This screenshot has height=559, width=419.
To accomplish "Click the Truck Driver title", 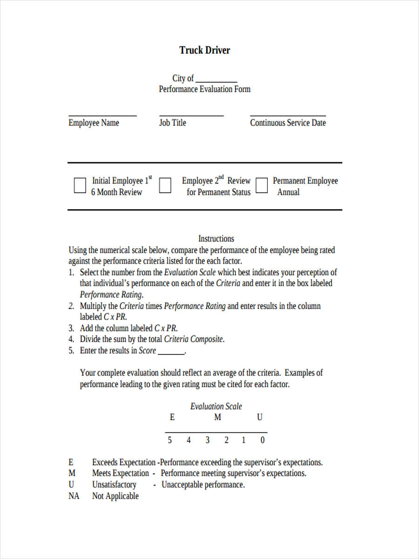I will [x=205, y=50].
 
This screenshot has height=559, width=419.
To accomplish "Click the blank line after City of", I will [x=216, y=82].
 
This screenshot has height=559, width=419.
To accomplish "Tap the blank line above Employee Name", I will [x=102, y=116].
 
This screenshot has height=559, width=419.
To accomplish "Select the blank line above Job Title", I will [x=191, y=116].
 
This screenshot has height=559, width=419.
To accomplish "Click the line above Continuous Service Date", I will [x=288, y=116].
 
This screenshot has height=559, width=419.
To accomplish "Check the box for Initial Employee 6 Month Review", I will [x=80, y=185].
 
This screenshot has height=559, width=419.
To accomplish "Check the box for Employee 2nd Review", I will [x=165, y=185].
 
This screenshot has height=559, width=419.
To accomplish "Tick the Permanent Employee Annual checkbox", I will [x=262, y=185].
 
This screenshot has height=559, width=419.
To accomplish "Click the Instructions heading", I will [x=216, y=239].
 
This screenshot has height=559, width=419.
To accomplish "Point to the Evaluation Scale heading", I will [x=216, y=406].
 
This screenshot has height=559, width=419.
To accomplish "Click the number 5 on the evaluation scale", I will [x=170, y=440].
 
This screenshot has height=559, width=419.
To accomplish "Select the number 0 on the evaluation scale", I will [x=263, y=440].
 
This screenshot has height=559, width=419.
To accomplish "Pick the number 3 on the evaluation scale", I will [x=208, y=440].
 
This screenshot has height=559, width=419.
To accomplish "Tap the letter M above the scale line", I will [x=217, y=417].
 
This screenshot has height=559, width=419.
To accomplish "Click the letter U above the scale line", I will [x=260, y=417].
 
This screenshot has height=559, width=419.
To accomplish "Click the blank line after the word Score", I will [x=171, y=354].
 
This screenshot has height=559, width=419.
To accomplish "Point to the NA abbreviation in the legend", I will [x=74, y=496].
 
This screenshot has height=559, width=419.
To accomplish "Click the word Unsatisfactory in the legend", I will [x=114, y=485].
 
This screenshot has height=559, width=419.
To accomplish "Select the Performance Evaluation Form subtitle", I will [x=204, y=89].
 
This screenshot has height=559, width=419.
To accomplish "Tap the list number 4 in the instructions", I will [x=71, y=340].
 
